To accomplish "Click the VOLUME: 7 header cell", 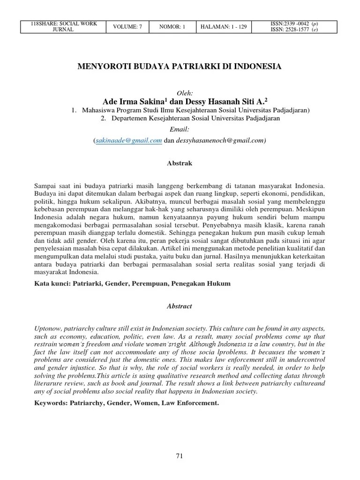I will [127, 27].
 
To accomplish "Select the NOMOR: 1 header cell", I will [172, 27].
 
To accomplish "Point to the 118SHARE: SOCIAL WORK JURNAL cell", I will [64, 27].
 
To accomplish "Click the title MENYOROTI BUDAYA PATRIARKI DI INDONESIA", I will [180, 67].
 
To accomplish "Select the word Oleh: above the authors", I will [180, 93].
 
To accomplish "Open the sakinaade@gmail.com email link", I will [129, 140].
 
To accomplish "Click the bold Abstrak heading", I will [180, 163].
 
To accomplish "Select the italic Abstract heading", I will [180, 306].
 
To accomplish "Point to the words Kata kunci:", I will [53, 284].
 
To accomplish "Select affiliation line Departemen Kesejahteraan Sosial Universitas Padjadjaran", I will [195, 119].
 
